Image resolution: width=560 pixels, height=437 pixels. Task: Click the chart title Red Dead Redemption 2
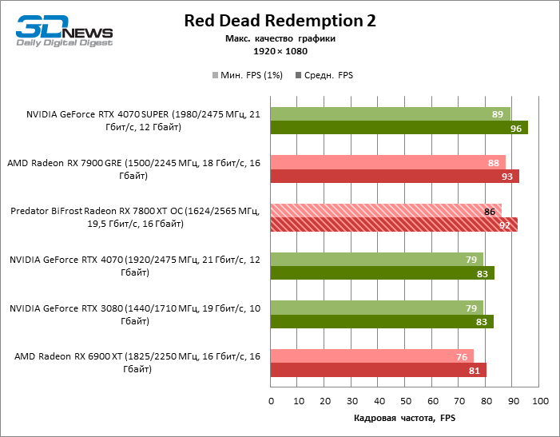280,21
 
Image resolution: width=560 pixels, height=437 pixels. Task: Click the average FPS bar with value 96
399,128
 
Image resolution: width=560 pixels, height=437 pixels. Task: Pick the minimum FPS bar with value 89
391,114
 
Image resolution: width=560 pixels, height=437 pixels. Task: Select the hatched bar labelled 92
394,224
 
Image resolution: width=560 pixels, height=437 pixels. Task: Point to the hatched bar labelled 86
386,212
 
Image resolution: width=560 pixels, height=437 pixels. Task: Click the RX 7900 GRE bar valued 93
395,176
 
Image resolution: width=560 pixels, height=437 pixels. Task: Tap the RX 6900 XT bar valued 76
372,356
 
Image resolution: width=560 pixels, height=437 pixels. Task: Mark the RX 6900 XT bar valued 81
379,370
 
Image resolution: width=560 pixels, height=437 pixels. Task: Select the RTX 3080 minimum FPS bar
376,308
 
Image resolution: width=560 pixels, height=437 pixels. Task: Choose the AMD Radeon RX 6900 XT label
136,363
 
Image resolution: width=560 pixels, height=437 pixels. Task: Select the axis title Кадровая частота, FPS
405,418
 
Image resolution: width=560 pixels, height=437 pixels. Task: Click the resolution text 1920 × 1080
280,50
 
